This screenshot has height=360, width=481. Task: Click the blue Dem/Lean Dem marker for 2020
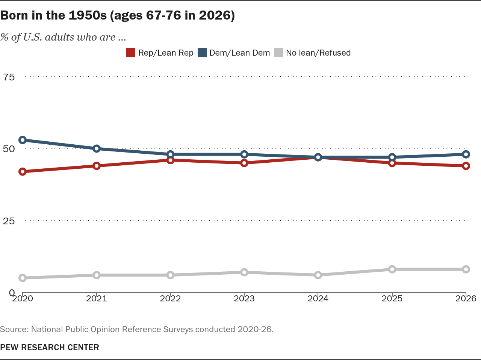23,140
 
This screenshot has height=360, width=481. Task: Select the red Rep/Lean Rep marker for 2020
23,172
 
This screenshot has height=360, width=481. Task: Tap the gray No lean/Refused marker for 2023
244,272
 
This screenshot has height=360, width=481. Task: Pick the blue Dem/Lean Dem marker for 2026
466,154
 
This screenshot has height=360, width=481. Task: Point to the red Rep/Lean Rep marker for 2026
466,166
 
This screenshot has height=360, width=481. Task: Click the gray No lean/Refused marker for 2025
392,269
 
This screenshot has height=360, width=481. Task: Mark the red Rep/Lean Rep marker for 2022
170,160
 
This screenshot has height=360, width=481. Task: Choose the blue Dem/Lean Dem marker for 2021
97,149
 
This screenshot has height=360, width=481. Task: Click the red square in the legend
131,53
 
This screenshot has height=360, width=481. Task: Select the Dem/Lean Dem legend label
239,53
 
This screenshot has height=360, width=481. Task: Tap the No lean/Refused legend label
318,53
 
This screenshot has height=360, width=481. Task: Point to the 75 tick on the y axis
9,77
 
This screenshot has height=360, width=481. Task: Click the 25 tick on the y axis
9,221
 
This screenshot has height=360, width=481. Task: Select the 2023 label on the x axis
244,298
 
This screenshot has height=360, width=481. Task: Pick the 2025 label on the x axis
392,298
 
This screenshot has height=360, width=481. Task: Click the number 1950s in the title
88,15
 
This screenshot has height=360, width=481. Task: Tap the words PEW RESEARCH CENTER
50,347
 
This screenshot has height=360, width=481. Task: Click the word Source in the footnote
14,329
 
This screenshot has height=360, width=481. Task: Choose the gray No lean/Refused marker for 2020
23,278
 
